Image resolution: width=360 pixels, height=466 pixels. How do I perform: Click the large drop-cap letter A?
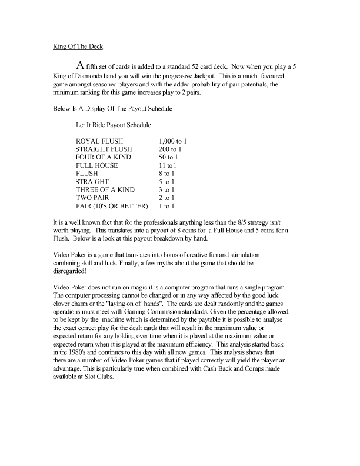(x=81, y=66)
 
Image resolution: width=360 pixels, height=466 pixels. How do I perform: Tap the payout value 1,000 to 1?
(x=175, y=142)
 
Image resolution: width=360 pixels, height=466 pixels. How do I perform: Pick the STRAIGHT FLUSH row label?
(x=105, y=149)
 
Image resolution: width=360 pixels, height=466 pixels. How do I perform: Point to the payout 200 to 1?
(x=171, y=149)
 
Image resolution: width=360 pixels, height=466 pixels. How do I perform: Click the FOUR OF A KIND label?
(x=104, y=158)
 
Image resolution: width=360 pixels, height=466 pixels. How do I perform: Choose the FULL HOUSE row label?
(x=97, y=166)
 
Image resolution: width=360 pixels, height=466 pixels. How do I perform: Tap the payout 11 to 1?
(x=169, y=166)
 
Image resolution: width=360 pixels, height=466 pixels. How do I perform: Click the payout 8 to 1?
(x=168, y=174)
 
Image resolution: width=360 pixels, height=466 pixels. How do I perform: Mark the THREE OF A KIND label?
(x=105, y=190)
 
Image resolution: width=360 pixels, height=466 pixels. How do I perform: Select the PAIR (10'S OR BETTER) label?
(x=111, y=207)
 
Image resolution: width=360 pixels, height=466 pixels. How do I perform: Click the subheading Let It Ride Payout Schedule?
(x=114, y=125)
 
